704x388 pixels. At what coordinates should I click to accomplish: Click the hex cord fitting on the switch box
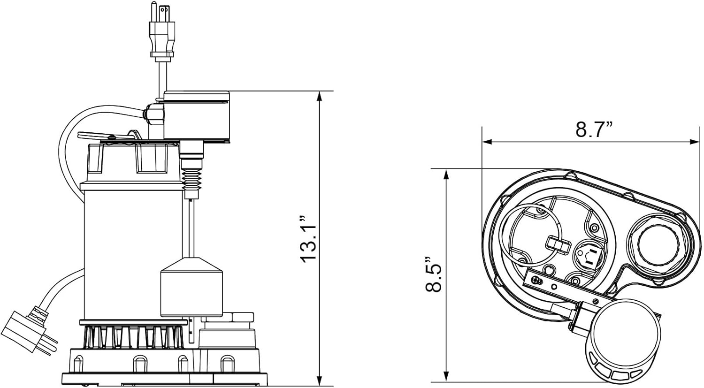(x=153, y=113)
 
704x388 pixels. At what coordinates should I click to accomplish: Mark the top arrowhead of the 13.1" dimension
(x=319, y=96)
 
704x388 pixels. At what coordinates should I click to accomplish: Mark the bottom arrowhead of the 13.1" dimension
(x=319, y=380)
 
